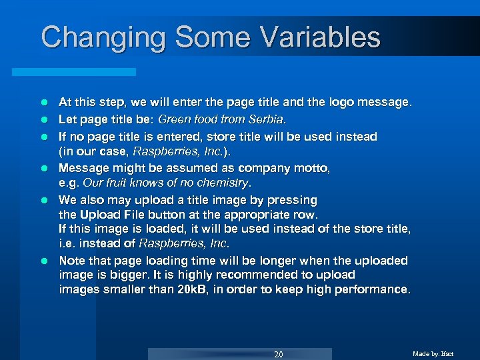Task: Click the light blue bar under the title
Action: [x=87, y=71]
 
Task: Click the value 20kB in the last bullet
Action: [x=193, y=289]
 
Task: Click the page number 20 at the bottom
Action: [x=279, y=354]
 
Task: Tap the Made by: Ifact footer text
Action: [x=433, y=353]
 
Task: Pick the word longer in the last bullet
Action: [x=274, y=261]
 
